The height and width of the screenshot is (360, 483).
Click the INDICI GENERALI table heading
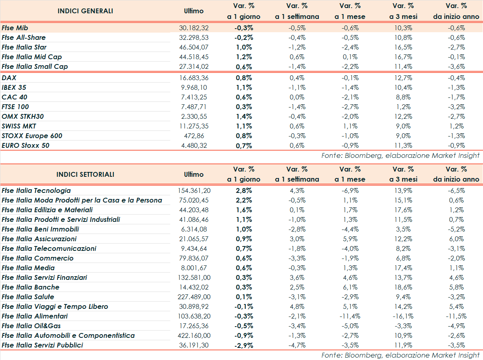click(x=85, y=11)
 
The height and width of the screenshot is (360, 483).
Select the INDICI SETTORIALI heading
click(x=85, y=174)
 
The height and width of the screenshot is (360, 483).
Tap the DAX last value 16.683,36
click(x=194, y=78)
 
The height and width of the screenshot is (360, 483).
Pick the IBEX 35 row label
click(x=14, y=87)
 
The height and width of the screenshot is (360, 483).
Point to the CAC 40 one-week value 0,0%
click(x=297, y=97)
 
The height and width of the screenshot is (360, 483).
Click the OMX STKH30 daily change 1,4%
click(x=244, y=116)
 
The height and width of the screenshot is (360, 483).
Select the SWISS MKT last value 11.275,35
click(x=194, y=126)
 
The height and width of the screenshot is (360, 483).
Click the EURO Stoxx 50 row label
click(x=26, y=145)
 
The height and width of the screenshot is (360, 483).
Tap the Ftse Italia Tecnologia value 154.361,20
click(x=194, y=190)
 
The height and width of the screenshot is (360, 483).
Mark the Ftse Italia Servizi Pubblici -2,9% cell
click(x=244, y=345)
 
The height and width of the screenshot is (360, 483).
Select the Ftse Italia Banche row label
click(x=31, y=287)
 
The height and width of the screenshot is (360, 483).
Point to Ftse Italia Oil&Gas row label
click(x=31, y=326)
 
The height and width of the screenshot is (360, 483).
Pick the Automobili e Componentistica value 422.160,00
click(x=194, y=335)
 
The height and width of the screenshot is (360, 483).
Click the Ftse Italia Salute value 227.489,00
click(x=194, y=297)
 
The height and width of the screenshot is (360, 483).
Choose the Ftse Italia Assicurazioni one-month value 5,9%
click(x=350, y=239)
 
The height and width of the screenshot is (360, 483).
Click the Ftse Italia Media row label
click(x=28, y=268)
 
